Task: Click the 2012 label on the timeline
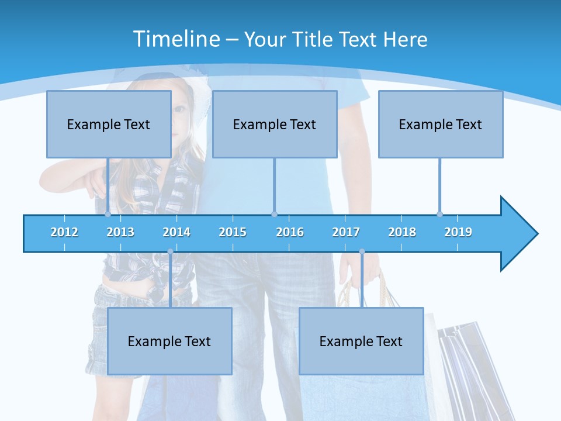click(x=64, y=232)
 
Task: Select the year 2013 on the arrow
click(x=120, y=232)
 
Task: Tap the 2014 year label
click(x=176, y=232)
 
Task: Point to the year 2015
click(x=233, y=232)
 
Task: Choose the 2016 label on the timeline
click(x=290, y=232)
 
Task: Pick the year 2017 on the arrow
click(x=346, y=232)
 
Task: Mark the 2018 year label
click(x=402, y=232)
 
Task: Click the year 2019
click(x=458, y=232)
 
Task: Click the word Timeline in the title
click(x=176, y=39)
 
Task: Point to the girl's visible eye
click(x=181, y=109)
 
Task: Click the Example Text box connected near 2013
click(x=109, y=124)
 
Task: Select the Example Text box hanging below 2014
click(x=169, y=341)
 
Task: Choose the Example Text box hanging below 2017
click(x=361, y=341)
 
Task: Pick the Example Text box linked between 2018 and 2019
click(x=441, y=124)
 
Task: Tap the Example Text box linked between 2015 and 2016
click(x=275, y=124)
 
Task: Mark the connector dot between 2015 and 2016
click(x=275, y=214)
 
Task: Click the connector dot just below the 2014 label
click(x=171, y=251)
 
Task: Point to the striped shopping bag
click(x=467, y=368)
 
